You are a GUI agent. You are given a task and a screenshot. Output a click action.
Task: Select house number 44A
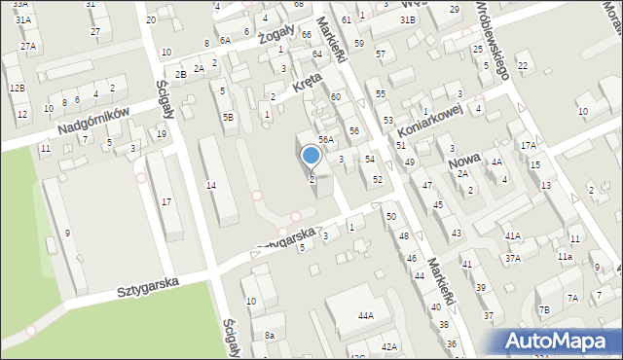366,316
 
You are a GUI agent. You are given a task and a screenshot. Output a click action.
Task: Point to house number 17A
529,145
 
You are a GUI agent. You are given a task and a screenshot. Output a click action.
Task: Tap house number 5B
228,117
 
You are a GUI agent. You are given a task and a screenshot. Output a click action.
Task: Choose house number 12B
17,88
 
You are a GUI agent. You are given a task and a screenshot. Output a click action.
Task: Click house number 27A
28,46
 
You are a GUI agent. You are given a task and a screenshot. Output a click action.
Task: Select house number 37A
512,258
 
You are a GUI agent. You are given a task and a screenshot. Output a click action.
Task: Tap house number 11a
565,257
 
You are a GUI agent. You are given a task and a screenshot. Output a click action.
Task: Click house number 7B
544,309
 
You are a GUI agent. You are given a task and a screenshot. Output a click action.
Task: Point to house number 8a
270,336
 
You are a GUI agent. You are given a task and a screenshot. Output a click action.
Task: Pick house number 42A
389,346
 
